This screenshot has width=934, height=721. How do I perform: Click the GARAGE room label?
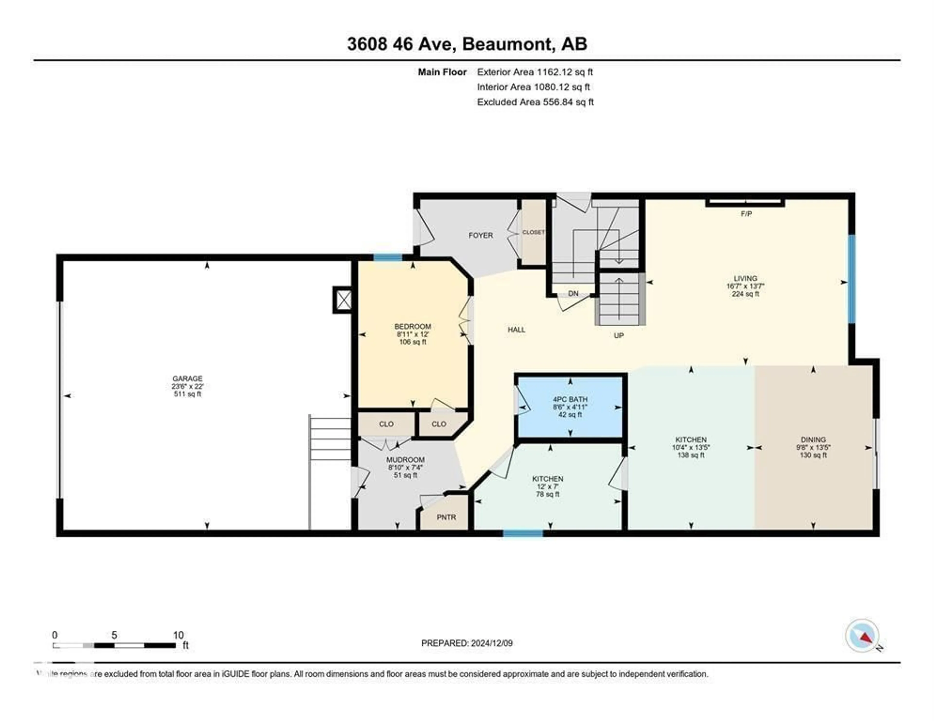(x=187, y=378)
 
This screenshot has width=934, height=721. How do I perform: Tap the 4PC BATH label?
(x=570, y=399)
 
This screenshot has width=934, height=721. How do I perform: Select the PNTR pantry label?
(x=446, y=517)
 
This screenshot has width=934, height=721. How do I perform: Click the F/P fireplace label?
(x=746, y=214)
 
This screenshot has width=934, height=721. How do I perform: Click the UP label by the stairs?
(x=619, y=336)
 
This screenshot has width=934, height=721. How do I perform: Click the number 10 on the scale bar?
(x=178, y=635)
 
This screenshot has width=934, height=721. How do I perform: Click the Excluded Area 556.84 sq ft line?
(x=535, y=102)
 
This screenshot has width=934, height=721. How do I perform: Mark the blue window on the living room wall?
(x=852, y=279)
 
